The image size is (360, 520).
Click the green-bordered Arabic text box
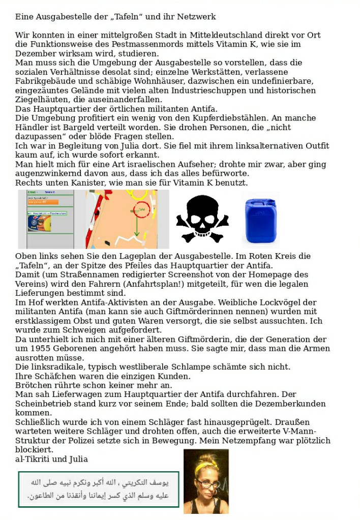[99, 489]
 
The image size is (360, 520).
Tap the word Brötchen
[32, 385]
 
